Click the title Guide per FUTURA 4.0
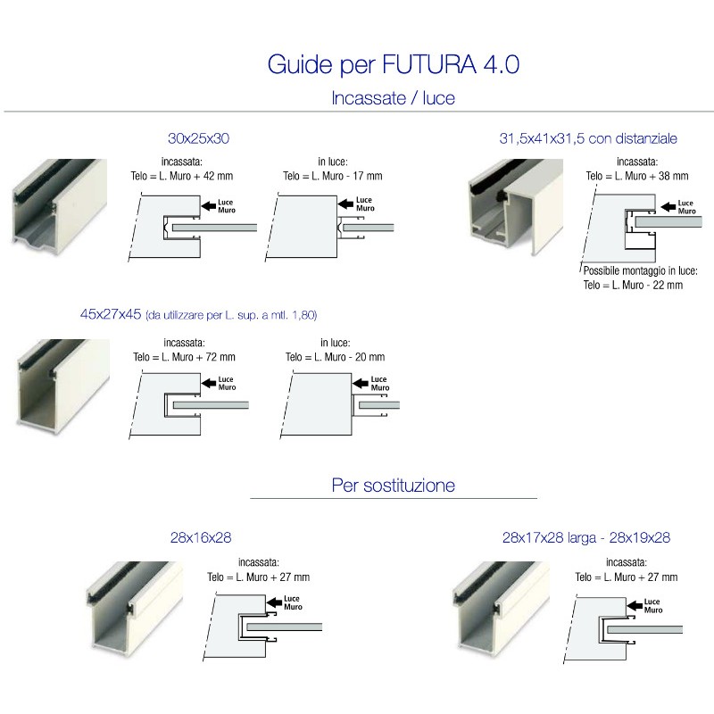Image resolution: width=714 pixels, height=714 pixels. coord(393,65)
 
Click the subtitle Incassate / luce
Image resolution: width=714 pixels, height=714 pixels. coord(393,98)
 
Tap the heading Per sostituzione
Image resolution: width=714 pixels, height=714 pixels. coord(393,486)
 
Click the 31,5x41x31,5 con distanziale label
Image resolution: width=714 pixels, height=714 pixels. coord(588,138)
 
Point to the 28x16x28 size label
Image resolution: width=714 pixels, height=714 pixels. coord(201,538)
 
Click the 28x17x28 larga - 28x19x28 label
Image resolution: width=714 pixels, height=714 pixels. coord(586,538)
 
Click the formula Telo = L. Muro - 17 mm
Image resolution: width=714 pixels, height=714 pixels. coord(332,177)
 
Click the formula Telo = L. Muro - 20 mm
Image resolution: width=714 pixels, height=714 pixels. coord(335,356)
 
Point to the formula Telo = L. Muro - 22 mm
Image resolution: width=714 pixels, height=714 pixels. coord(633,285)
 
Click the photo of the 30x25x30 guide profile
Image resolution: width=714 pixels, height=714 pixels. coord(59,203)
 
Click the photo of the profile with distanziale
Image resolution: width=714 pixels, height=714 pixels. coord(515,205)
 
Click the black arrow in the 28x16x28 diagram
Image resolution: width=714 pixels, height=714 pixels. coord(272,603)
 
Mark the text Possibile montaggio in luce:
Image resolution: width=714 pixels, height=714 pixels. coord(640,270)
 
